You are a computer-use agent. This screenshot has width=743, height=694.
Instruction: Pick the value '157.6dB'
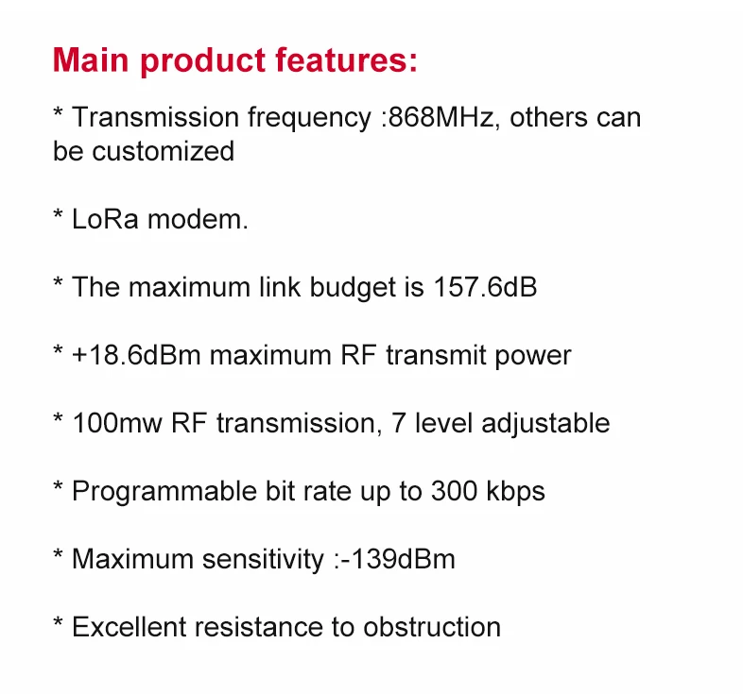[485, 287]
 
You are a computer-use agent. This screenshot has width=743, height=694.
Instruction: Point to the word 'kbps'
[516, 491]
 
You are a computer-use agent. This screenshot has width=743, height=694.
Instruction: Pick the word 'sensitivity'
[263, 559]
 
